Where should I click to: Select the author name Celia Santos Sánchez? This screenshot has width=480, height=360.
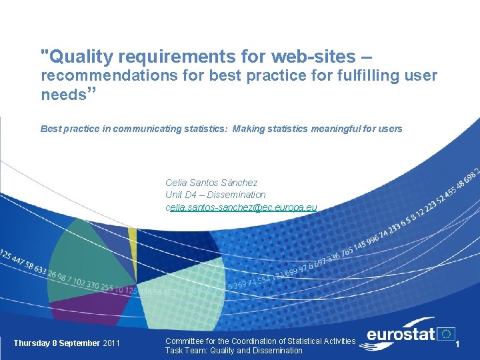click(211, 182)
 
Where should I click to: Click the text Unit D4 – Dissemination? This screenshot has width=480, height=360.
click(215, 195)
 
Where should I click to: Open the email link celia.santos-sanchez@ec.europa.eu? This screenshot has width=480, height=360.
click(241, 207)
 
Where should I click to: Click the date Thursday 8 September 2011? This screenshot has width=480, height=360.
click(67, 343)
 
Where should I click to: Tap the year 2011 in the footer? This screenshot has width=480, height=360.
click(112, 343)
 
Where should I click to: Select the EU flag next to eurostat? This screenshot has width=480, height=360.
click(446, 333)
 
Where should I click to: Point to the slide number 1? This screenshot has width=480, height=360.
click(458, 343)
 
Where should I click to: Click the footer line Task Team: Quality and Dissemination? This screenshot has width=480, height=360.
click(233, 351)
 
